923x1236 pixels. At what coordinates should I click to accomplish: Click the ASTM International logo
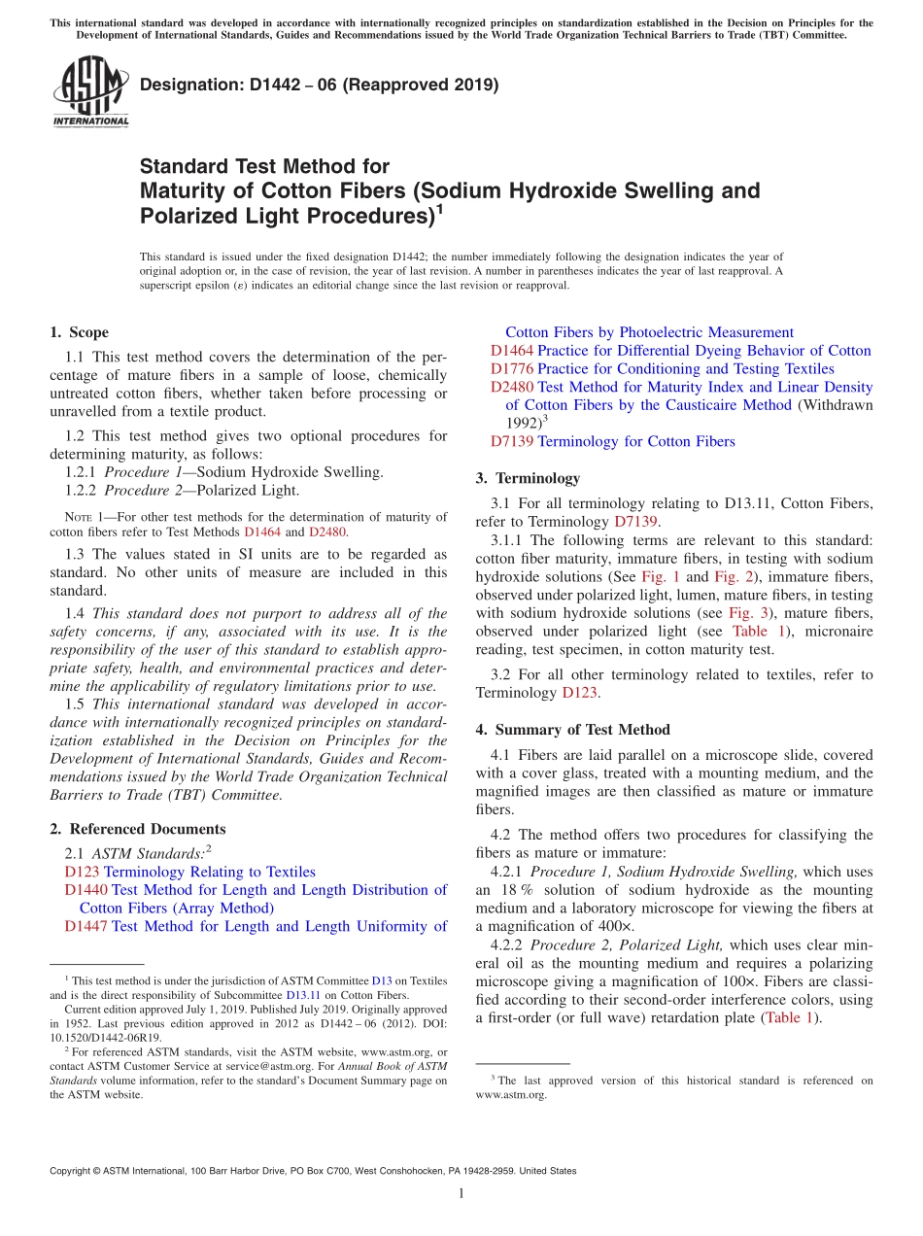click(90, 90)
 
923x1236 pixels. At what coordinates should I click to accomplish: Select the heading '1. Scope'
click(79, 332)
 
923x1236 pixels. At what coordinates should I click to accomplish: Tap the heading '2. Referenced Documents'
click(137, 829)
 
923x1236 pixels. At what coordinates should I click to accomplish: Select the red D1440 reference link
click(85, 890)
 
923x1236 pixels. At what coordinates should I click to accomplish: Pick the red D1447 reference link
click(85, 927)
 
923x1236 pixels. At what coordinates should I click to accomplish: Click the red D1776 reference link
click(511, 369)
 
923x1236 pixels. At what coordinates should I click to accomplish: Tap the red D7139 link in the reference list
click(511, 442)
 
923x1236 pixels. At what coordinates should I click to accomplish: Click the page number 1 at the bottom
click(461, 1193)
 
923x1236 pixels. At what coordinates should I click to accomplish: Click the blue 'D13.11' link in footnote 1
click(302, 995)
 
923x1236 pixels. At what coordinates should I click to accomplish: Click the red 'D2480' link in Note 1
click(327, 532)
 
